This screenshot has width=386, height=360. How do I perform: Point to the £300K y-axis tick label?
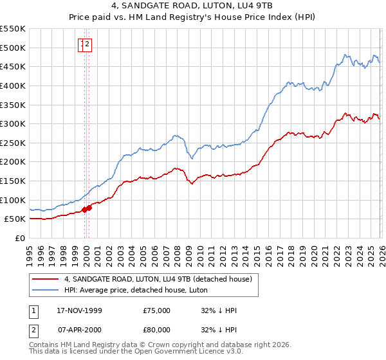point(13,123)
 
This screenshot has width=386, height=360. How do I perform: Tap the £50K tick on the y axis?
point(15,219)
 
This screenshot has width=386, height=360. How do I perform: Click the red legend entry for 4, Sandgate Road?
point(161,279)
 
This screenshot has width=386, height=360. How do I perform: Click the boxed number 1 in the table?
point(33,310)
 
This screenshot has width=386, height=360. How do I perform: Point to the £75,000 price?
point(157,310)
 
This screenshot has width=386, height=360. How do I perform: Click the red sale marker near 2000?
point(89,207)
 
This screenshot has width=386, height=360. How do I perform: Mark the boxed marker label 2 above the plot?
point(88,44)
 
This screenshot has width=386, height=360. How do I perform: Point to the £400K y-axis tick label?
point(13,85)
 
